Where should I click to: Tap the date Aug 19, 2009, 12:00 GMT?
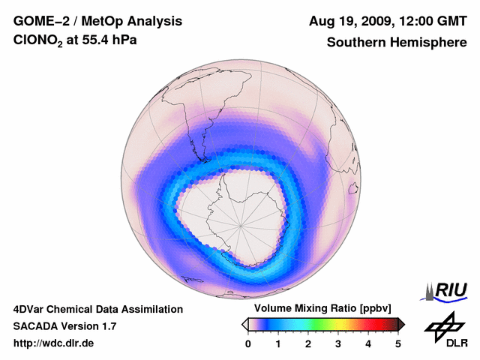pyautogui.click(x=388, y=21)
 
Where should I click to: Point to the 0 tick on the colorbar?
pyautogui.click(x=248, y=343)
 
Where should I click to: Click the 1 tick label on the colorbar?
pyautogui.click(x=278, y=343)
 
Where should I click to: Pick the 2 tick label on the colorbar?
pyautogui.click(x=308, y=343)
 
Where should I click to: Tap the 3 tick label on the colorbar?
pyautogui.click(x=338, y=343)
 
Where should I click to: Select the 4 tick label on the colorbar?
pyautogui.click(x=368, y=343)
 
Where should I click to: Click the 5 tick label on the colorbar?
pyautogui.click(x=398, y=343)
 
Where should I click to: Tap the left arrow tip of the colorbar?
pyautogui.click(x=244, y=324)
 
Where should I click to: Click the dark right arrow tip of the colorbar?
pyautogui.click(x=402, y=324)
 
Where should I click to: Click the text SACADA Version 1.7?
pyautogui.click(x=64, y=326)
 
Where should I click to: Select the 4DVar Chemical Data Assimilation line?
pyautogui.click(x=98, y=309)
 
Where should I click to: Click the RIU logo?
pyautogui.click(x=447, y=290)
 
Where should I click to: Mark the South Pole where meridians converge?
pyautogui.click(x=241, y=223)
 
